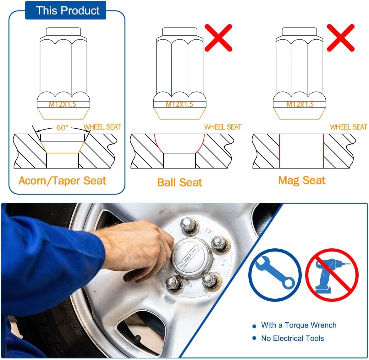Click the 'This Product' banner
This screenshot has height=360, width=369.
(68, 10)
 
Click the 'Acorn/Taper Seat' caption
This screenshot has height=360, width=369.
(63, 181)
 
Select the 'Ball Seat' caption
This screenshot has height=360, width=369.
(180, 182)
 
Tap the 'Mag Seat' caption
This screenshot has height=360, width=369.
(302, 180)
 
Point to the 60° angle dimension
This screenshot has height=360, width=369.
(62, 128)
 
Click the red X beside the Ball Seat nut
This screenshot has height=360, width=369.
(218, 38)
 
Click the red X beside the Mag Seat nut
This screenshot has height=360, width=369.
(340, 38)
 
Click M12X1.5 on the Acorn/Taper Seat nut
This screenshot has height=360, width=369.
(63, 104)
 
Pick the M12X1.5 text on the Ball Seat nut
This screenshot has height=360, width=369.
(179, 104)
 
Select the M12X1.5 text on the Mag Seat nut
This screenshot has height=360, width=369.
(300, 104)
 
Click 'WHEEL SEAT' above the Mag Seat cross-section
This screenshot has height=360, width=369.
(348, 127)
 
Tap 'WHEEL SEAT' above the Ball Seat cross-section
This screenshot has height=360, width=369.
(223, 127)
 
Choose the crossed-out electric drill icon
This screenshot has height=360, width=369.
(332, 275)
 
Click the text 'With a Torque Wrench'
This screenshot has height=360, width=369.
(298, 325)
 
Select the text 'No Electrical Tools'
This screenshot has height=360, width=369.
(292, 338)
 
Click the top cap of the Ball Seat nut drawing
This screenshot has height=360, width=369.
(179, 32)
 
